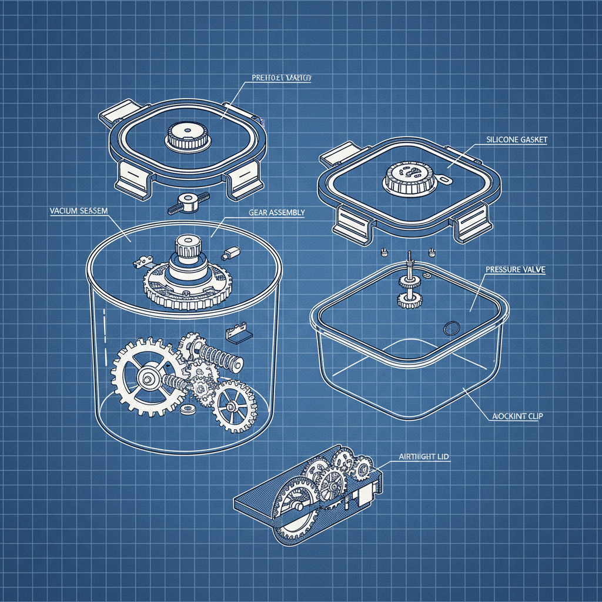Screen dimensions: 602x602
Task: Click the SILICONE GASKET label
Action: coord(517,140)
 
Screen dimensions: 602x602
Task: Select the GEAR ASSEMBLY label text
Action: coord(276,213)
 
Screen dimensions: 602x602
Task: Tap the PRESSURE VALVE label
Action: coord(516,269)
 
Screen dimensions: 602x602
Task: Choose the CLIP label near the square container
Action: coord(516,417)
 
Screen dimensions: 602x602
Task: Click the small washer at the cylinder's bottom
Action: coord(188,409)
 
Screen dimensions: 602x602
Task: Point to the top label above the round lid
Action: coord(281,78)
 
